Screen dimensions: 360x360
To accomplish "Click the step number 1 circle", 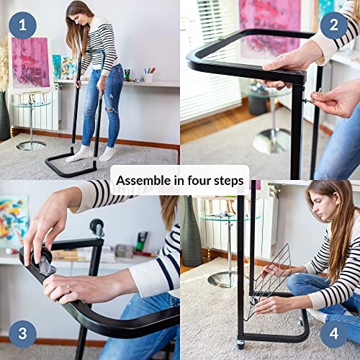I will tap(22, 26).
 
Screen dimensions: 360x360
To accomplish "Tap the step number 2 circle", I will tap(333, 26).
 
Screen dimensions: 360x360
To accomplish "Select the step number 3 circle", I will tap(22, 333).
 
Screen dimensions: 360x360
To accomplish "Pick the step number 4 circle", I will tap(333, 333).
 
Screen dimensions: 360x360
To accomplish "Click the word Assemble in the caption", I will tap(143, 180).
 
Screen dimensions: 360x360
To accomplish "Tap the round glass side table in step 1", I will tap(30, 119).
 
